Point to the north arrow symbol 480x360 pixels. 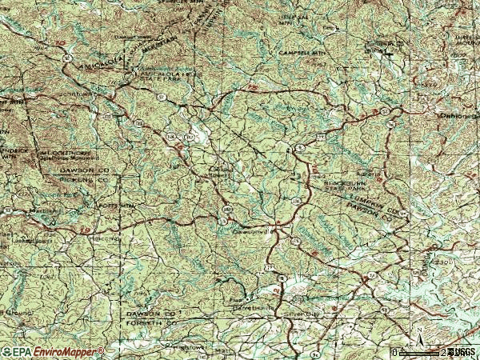pyautogui.click(x=417, y=331)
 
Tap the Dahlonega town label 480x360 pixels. pyautogui.click(x=458, y=115)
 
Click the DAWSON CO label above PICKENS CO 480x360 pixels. pyautogui.click(x=85, y=170)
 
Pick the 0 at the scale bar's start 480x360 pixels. pyautogui.click(x=394, y=352)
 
